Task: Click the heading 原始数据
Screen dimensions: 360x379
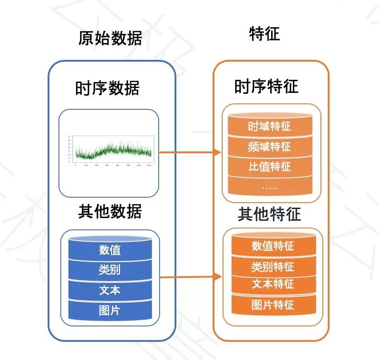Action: (110, 38)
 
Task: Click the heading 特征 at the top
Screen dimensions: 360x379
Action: (264, 34)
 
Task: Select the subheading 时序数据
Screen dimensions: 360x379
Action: (107, 88)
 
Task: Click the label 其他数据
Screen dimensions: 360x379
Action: (110, 211)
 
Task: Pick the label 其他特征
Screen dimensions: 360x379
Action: (269, 214)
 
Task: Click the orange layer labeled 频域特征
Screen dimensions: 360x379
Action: (269, 147)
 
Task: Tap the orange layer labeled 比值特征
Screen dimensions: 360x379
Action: (269, 166)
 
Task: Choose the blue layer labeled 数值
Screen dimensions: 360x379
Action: (110, 250)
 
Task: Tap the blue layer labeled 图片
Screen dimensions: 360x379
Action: (110, 311)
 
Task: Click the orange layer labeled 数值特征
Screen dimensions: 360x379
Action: (273, 246)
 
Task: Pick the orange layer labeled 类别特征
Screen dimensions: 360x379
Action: (273, 266)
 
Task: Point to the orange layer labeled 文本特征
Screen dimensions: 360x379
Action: (273, 285)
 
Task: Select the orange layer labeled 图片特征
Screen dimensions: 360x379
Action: (273, 305)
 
